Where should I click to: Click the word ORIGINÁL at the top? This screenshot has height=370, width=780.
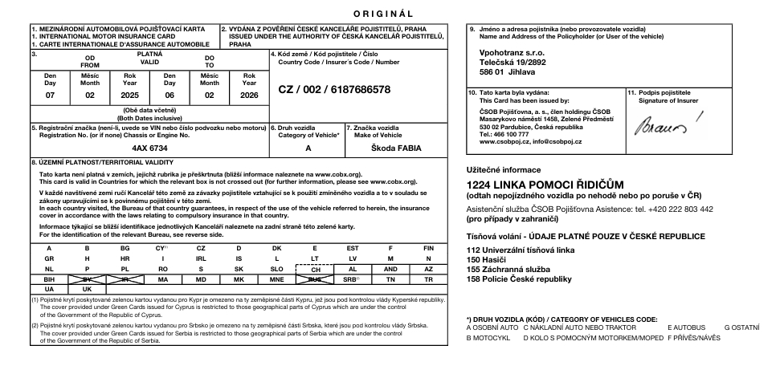point(382,14)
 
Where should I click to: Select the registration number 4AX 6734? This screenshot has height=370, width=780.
point(149,148)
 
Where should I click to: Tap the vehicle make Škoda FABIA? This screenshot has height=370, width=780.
point(396,148)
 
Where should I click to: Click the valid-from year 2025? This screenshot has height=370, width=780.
point(129,95)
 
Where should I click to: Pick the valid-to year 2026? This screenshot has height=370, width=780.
point(249,95)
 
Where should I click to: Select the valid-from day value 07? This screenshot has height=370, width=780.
point(50,95)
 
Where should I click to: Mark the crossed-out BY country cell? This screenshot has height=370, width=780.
point(88,279)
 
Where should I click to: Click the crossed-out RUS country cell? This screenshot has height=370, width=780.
point(315,279)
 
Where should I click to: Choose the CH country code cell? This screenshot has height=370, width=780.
point(315,269)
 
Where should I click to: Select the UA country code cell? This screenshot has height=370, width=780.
point(50,289)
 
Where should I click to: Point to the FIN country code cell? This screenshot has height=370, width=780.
point(428,249)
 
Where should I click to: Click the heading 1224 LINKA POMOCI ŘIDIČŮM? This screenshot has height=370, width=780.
point(545,185)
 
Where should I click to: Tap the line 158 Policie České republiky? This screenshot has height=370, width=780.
point(519,279)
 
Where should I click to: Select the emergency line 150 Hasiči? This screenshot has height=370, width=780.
point(488,260)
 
